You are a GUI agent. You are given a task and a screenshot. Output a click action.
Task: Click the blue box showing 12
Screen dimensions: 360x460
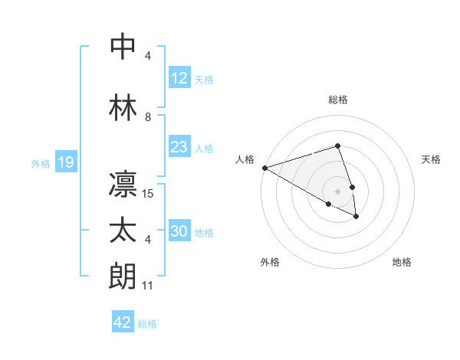pyautogui.click(x=179, y=78)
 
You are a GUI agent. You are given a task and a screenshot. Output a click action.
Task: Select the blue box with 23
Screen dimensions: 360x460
pyautogui.click(x=179, y=147)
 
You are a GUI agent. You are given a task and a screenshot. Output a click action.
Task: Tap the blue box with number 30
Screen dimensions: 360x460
pyautogui.click(x=179, y=231)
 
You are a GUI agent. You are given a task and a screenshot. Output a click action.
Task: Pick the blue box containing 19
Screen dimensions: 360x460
pyautogui.click(x=65, y=162)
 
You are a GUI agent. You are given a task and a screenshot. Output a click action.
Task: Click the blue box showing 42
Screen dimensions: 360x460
pyautogui.click(x=123, y=322)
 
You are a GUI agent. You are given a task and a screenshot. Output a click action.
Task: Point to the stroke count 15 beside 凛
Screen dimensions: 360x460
pyautogui.click(x=149, y=194)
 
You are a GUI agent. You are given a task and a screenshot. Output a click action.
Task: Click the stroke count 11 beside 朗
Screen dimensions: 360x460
pyautogui.click(x=148, y=286)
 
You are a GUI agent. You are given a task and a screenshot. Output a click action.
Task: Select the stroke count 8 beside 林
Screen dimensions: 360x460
pyautogui.click(x=148, y=118)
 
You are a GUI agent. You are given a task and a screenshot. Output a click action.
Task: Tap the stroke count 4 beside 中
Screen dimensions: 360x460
pyautogui.click(x=148, y=57)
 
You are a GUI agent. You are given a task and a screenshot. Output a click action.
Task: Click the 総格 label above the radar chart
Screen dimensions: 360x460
pyautogui.click(x=337, y=100)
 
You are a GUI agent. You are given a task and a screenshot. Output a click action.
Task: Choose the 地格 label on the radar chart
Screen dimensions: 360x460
pyautogui.click(x=402, y=262)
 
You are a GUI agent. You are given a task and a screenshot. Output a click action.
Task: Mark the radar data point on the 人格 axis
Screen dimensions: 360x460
pyautogui.click(x=264, y=167)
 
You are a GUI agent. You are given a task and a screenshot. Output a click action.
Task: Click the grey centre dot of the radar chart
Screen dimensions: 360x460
pyautogui.click(x=337, y=191)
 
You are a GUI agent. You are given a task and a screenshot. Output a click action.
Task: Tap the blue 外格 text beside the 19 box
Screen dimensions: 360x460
pyautogui.click(x=40, y=163)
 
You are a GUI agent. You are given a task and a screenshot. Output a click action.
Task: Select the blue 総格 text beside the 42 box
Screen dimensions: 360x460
pyautogui.click(x=147, y=323)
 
